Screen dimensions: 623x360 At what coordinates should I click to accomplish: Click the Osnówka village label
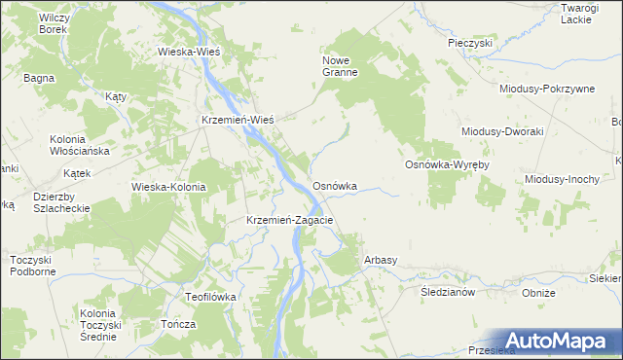click(x=334, y=185)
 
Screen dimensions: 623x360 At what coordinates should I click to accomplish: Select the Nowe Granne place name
click(x=342, y=65)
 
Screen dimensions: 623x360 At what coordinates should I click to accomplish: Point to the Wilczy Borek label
click(x=53, y=23)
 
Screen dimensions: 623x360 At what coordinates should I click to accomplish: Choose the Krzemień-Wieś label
click(x=237, y=119)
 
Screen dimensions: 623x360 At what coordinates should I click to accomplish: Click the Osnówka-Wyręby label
click(x=447, y=165)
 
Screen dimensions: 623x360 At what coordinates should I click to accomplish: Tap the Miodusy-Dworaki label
click(x=501, y=131)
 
